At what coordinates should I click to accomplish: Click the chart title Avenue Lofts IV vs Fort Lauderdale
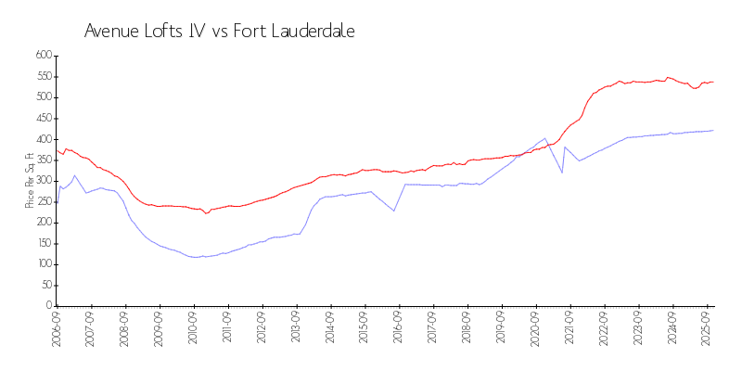point(219,31)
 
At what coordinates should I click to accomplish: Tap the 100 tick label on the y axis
point(42,264)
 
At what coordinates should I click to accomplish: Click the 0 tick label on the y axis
point(46,306)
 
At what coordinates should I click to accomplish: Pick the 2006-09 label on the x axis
point(57,330)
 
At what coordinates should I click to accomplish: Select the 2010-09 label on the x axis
point(194,330)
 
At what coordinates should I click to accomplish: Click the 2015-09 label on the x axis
point(365,330)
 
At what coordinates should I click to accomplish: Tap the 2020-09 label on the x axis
point(535,330)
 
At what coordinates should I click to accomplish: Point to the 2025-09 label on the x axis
point(707,330)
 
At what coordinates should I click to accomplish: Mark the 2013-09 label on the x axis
point(296,330)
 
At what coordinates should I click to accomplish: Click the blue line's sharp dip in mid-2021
point(562,173)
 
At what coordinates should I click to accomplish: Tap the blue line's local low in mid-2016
point(394,211)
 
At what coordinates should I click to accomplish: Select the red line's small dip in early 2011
point(207,213)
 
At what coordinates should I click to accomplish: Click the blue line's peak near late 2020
point(545,138)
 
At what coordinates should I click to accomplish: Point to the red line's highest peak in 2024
point(668,77)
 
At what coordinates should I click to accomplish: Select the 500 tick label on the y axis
point(42,97)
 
